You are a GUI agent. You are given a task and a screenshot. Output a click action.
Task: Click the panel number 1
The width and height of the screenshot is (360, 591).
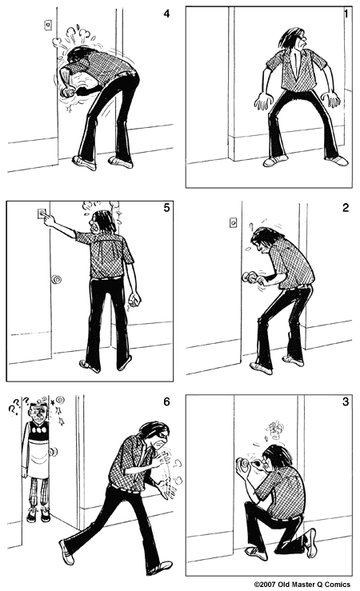pos(345,14)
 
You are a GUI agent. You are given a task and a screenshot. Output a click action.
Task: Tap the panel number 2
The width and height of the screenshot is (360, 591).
pos(345,209)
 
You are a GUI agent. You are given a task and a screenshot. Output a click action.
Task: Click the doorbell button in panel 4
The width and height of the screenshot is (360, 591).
pos(48,24)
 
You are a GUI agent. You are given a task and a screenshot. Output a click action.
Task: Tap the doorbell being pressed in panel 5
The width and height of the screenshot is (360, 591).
pos(42,214)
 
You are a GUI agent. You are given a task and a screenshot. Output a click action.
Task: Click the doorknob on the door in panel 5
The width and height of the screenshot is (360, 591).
pos(57,280)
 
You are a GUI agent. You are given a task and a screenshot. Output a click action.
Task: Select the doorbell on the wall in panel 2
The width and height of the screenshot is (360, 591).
pos(234,222)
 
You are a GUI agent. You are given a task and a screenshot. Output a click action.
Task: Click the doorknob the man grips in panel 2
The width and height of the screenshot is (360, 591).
pos(249,278)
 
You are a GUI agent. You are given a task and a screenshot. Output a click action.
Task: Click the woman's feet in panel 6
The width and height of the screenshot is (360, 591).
pos(35,513)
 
